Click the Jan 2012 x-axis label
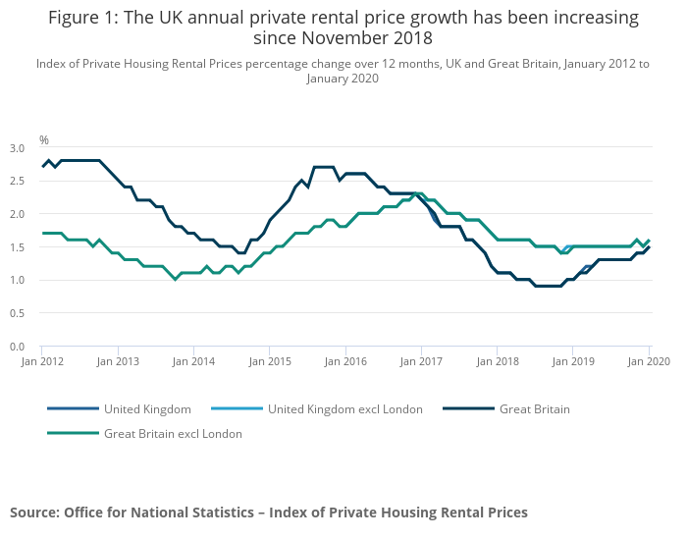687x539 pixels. coord(42,361)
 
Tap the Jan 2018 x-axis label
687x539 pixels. coord(498,361)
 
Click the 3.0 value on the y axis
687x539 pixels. coord(17,148)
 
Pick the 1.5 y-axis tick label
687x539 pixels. coord(17,247)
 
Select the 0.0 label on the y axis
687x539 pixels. coord(17,347)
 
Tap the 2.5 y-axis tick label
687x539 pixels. coord(17,182)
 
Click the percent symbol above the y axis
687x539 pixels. coord(43,140)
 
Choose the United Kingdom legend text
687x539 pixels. coord(147,409)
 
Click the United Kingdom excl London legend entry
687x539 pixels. coord(344,409)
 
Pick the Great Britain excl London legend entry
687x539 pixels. coord(173,433)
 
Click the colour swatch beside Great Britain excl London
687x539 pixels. coord(73,433)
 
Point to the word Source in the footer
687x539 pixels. coord(33,512)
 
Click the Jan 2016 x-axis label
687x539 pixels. coord(346,361)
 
